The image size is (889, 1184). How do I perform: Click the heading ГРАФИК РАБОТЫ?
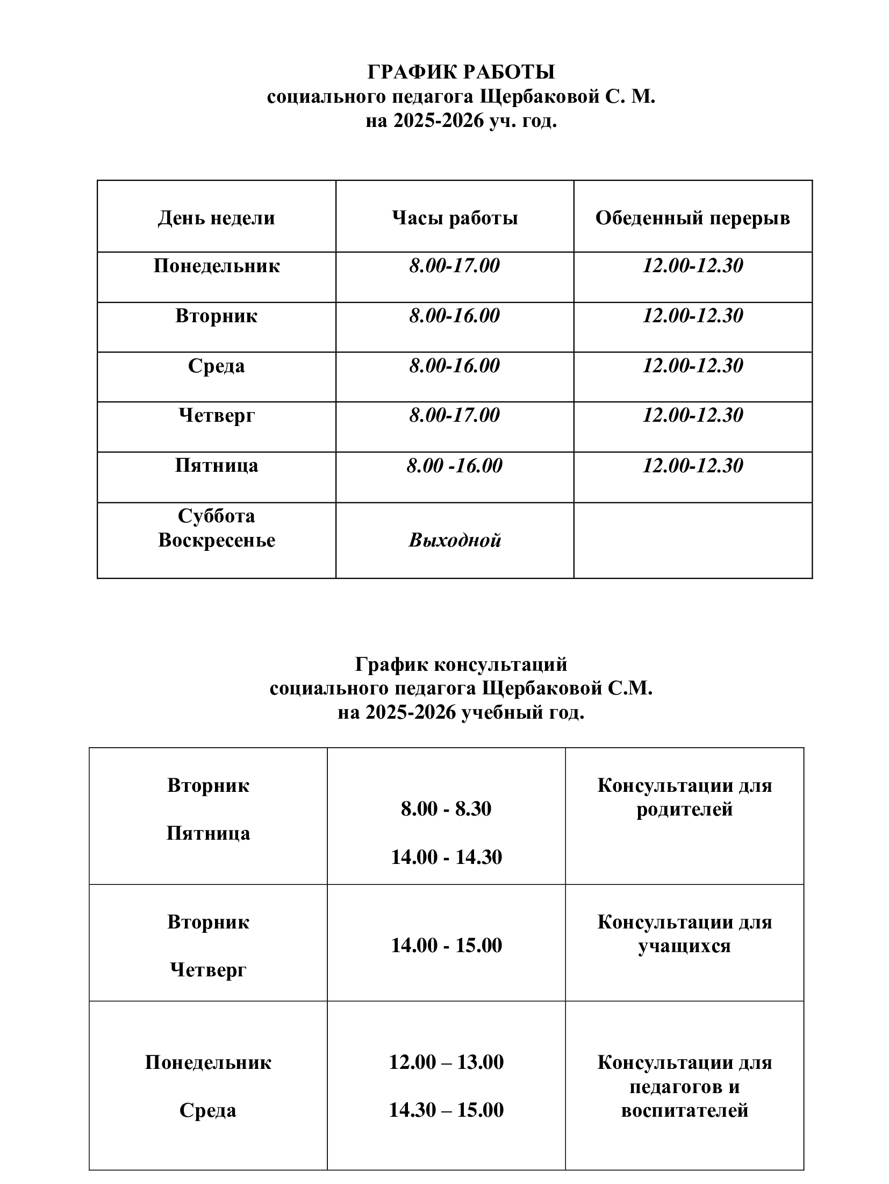[x=461, y=72]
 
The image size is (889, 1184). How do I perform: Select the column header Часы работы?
[x=454, y=218]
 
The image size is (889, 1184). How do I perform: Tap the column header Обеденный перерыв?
[x=692, y=218]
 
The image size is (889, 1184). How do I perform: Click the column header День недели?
[x=216, y=218]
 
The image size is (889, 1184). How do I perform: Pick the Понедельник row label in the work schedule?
[x=216, y=266]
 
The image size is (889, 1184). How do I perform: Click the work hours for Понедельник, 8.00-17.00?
[x=454, y=266]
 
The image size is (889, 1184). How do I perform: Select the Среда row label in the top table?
[x=216, y=366]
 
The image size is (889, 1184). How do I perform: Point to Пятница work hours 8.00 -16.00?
[x=454, y=466]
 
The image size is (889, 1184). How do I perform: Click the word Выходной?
[x=454, y=540]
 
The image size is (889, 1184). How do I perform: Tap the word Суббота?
[x=216, y=516]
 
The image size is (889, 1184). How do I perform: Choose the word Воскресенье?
[x=216, y=540]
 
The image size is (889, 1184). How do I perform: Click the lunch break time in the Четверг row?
[x=692, y=415]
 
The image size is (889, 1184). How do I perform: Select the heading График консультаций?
[x=461, y=665]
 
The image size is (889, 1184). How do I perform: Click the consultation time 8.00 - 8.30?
[x=446, y=809]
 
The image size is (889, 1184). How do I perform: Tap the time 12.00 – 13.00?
[x=446, y=1062]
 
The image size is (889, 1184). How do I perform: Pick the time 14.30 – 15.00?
[x=446, y=1110]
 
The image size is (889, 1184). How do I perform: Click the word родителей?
[x=684, y=809]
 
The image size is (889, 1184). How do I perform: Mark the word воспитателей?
[x=684, y=1110]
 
